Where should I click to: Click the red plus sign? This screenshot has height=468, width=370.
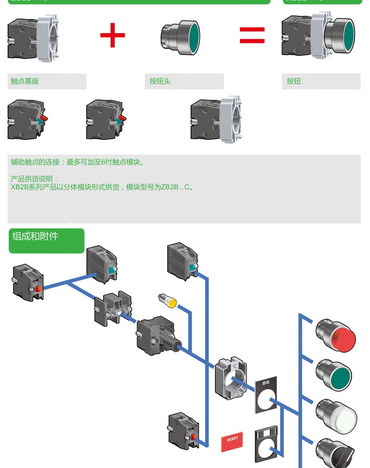pos(112,35)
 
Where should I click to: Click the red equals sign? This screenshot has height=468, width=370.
pos(252,35)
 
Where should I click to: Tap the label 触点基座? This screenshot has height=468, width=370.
pos(25,81)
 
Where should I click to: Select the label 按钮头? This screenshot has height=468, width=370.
pos(160,81)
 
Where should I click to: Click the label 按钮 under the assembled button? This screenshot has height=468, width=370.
pos(294,81)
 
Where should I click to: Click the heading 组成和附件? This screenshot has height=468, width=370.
pos(36,236)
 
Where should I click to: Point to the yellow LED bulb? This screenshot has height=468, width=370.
pos(169,301)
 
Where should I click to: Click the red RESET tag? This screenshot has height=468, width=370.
pos(232,440)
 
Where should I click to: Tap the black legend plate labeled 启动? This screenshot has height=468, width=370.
pos(266,395)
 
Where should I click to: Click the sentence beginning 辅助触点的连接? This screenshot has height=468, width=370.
pos(78,162)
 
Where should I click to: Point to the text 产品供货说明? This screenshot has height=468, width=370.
pos(34,179)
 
